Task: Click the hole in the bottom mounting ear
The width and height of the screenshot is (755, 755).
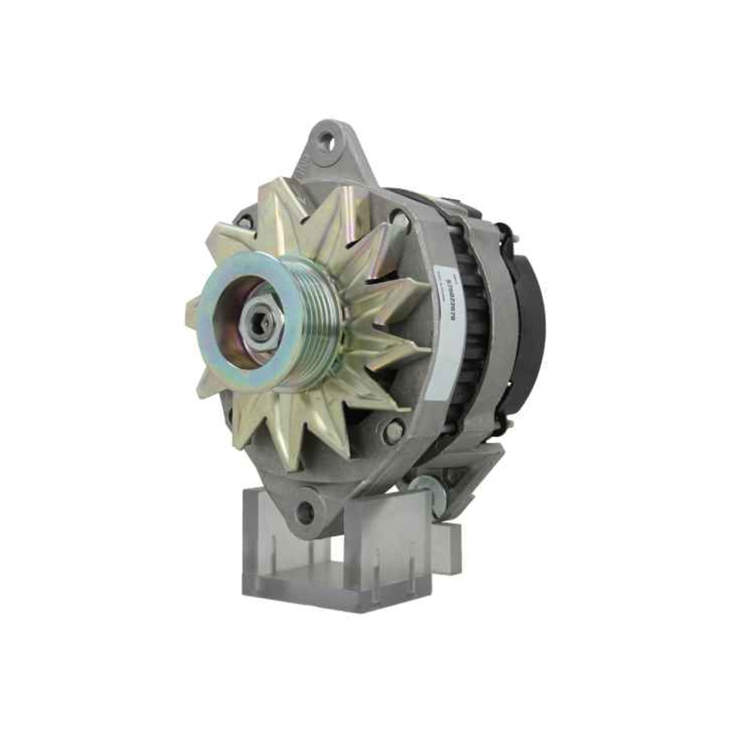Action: click(306, 512)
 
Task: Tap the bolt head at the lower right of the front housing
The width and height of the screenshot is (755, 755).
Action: click(393, 431)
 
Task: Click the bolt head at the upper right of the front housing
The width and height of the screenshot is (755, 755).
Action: click(399, 220)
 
